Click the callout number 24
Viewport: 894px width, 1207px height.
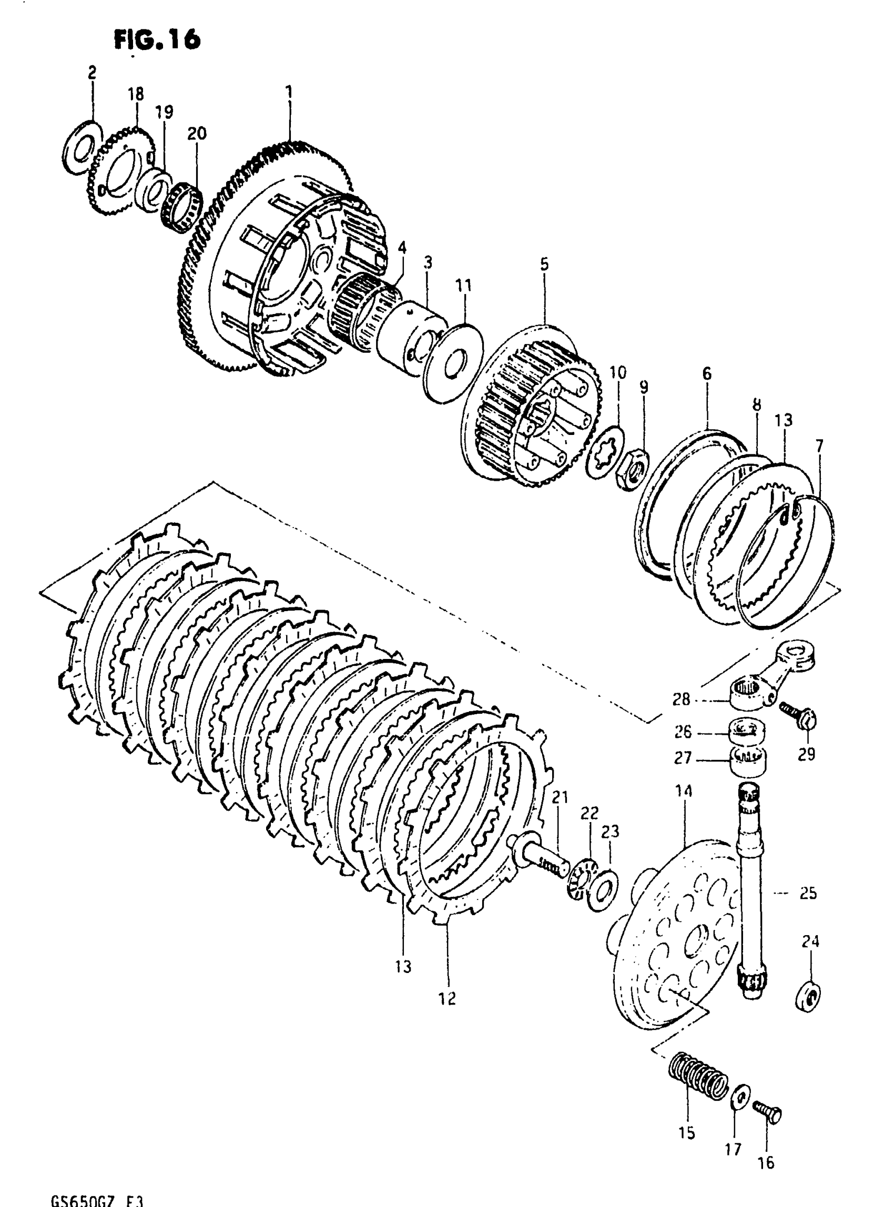810,941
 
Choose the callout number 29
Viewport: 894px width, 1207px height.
806,755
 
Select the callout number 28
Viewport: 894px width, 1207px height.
682,700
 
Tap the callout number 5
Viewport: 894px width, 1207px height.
544,264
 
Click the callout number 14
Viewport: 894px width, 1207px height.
684,792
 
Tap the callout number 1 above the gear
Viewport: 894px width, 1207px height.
289,92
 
